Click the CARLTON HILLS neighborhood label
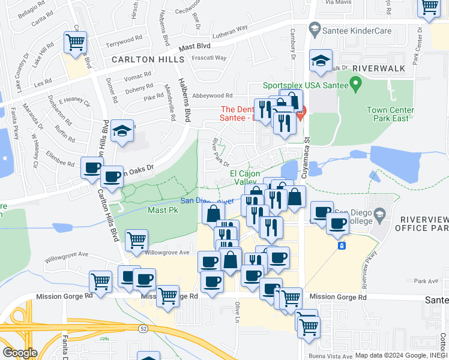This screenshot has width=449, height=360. point(147,60)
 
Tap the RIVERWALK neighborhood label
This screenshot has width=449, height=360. point(379,68)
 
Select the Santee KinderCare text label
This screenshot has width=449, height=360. point(358,31)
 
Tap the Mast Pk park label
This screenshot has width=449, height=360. point(163,211)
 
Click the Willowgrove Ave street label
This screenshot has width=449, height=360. point(167,253)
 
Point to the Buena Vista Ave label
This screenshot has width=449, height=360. point(319,356)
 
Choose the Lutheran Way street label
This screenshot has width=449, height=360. point(228,28)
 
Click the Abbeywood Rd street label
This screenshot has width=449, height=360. point(212,95)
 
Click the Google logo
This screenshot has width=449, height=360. point(19,353)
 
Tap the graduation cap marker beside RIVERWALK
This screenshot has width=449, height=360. point(321,61)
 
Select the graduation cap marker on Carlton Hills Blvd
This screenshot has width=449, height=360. point(122,132)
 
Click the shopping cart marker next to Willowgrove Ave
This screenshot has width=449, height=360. point(137,240)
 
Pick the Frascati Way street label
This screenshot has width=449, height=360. point(208,58)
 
